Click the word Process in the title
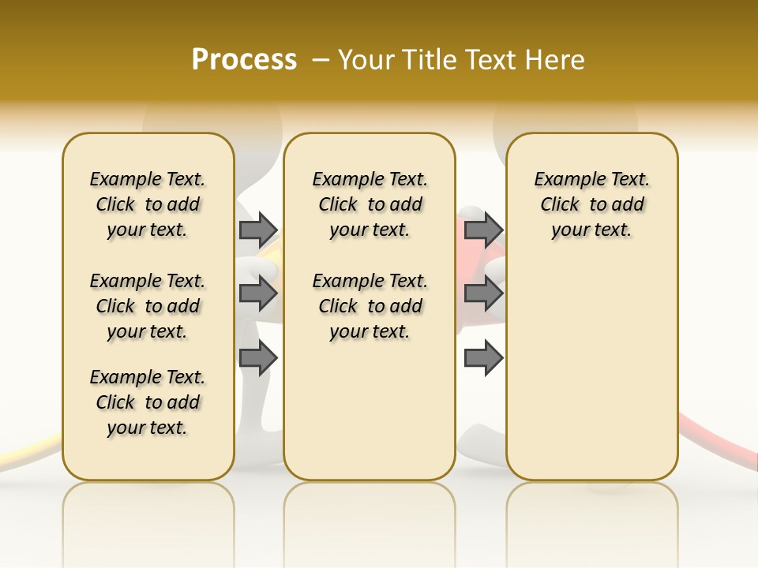click(x=244, y=60)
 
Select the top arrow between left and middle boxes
click(x=258, y=230)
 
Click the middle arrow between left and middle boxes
click(x=258, y=293)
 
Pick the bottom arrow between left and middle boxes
click(x=258, y=358)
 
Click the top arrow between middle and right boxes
click(x=483, y=230)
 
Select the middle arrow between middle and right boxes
click(x=483, y=293)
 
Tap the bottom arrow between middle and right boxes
click(x=483, y=358)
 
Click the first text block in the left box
click(x=148, y=204)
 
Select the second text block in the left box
click(x=148, y=306)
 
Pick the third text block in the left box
click(x=148, y=402)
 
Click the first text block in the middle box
click(x=370, y=204)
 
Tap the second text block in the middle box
click(x=370, y=306)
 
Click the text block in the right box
click(x=592, y=204)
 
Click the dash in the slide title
click(x=321, y=60)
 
